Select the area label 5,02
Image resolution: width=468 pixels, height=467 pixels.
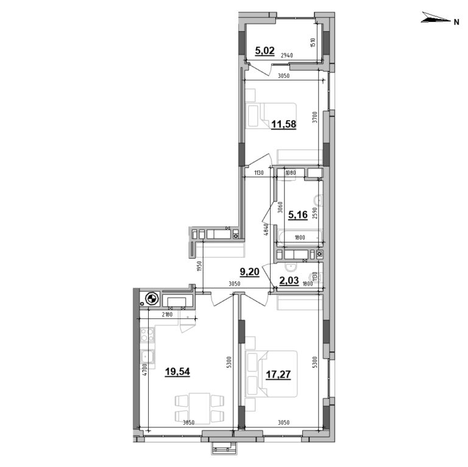point(266,52)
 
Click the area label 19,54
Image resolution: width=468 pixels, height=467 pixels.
point(177,371)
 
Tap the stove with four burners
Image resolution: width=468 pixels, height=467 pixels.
point(147,334)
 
